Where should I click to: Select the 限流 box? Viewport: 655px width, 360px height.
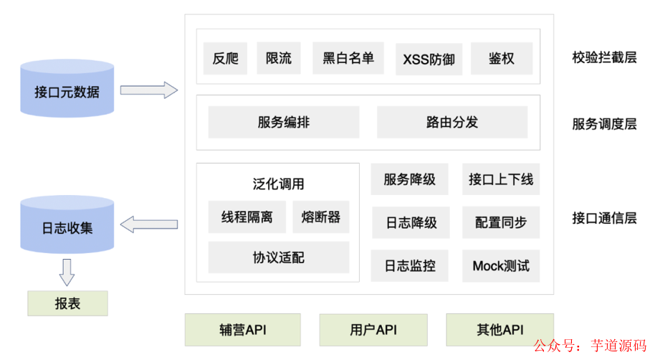pos(278,58)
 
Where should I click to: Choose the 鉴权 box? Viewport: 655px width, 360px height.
pos(502,58)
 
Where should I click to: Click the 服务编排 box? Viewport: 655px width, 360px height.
pos(284,122)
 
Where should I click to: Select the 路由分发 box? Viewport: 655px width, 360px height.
pos(452,122)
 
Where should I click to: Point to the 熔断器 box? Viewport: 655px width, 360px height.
pos(321,217)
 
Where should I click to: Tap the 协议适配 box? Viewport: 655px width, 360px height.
pos(279,257)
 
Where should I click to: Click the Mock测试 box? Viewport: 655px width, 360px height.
pos(501,266)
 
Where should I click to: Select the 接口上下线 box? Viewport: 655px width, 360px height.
pos(501,179)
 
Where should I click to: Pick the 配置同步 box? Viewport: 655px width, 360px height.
pos(501,222)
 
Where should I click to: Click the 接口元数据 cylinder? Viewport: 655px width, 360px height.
pos(67,90)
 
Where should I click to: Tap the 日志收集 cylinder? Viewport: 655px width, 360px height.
pos(67,227)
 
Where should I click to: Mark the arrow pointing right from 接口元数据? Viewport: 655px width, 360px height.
pos(148,90)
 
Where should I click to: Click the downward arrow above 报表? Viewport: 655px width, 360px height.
pos(67,272)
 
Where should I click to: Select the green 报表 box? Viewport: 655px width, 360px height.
pos(67,303)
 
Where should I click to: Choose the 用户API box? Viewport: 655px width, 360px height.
pos(373,330)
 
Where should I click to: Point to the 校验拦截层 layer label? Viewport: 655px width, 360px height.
pos(604,58)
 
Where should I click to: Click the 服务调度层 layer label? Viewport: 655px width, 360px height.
pos(604,123)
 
